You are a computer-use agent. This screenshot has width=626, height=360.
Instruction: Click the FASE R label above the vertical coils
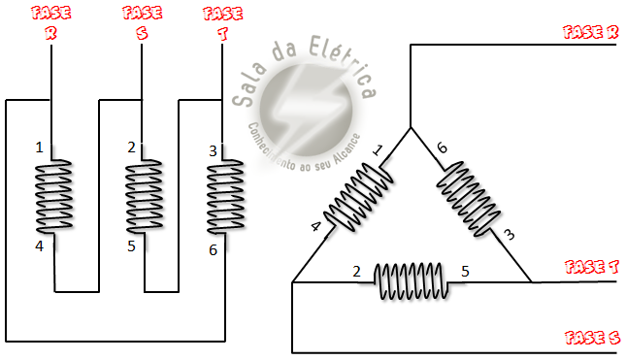[51, 22]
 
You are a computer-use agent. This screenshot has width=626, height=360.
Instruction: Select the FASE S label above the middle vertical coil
[142, 22]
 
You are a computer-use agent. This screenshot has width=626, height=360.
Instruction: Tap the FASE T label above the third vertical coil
[223, 23]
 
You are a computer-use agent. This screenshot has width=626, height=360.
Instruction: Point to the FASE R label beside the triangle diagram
[590, 32]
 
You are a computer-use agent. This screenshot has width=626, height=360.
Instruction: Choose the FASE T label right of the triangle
[592, 267]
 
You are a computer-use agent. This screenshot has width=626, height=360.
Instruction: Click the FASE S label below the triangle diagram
[592, 338]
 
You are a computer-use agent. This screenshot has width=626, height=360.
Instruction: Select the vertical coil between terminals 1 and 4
[54, 196]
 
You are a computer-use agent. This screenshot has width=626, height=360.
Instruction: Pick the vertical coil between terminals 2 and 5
[144, 196]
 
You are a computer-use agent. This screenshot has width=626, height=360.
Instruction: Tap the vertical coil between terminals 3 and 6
[225, 197]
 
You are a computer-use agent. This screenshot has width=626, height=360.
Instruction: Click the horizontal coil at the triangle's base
[411, 281]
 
